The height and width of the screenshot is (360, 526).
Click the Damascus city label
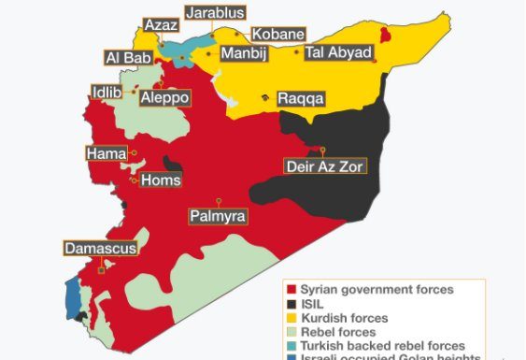[x=101, y=249]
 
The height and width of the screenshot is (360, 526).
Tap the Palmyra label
[x=218, y=216]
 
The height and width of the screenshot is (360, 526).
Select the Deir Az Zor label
[x=325, y=166]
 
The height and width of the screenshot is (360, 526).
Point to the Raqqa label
[x=301, y=98]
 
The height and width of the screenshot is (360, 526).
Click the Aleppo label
[x=164, y=97]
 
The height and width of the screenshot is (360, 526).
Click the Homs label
[x=160, y=180]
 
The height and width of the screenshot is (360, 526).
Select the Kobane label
[x=277, y=35]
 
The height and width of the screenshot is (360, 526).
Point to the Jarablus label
[x=215, y=13]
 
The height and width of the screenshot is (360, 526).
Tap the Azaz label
[x=155, y=24]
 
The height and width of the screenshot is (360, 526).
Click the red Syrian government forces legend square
[x=291, y=290]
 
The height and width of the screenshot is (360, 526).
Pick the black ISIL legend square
[x=291, y=304]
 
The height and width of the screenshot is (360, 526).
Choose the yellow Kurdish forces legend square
[x=291, y=318]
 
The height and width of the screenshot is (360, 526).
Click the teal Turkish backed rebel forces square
[x=291, y=346]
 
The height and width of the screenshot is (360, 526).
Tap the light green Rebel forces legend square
[x=291, y=332]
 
